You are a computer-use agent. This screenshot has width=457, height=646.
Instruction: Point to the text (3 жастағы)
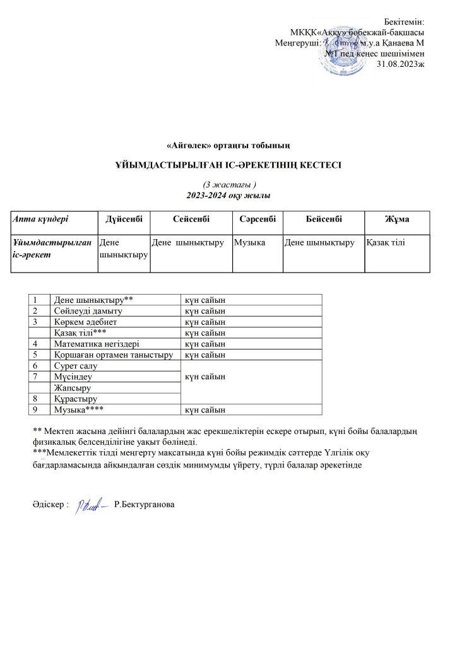[228, 184]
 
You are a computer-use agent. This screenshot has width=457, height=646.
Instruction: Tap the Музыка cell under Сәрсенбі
[249, 242]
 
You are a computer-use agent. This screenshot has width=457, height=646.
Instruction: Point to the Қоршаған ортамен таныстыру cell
[114, 355]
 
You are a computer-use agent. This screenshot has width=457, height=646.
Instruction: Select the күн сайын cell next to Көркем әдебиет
[205, 322]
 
